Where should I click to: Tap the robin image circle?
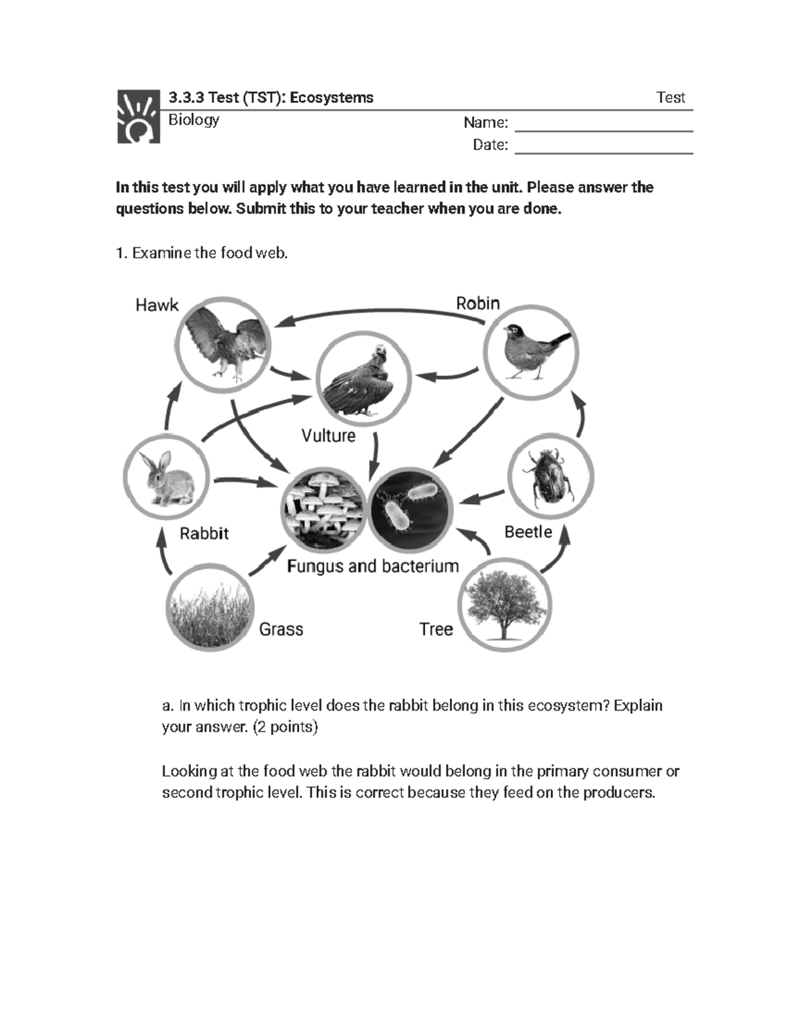click(x=531, y=352)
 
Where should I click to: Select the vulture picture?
click(x=363, y=379)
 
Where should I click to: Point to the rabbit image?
click(x=167, y=477)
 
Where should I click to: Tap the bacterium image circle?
click(x=411, y=510)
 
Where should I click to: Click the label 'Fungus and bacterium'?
click(x=373, y=566)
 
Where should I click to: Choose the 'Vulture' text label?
click(x=328, y=436)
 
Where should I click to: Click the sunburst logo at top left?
click(x=138, y=117)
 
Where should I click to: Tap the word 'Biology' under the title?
click(x=193, y=120)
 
